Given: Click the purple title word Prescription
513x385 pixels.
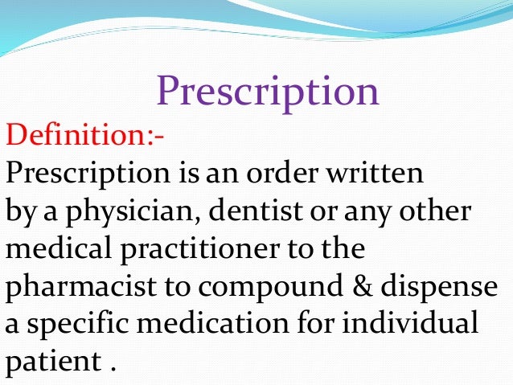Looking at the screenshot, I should click(267, 91).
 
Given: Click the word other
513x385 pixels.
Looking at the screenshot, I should click(439, 213).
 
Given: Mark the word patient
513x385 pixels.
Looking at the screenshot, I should click(50, 362).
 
